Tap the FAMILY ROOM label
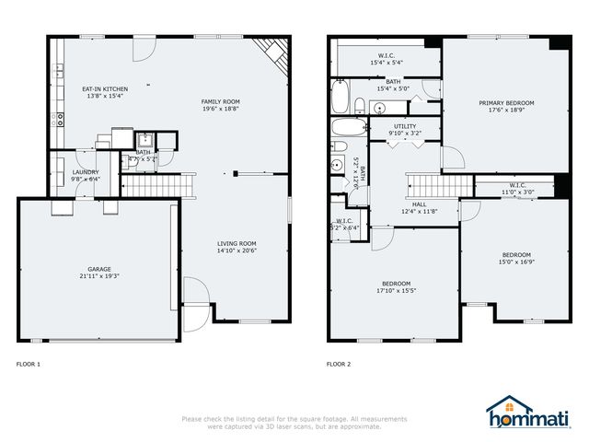(x=221, y=101)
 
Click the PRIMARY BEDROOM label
(x=506, y=102)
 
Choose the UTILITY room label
(x=405, y=125)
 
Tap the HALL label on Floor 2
(x=419, y=204)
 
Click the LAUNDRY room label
(x=87, y=172)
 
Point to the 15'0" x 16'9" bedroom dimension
(x=515, y=262)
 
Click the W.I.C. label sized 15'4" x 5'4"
(x=387, y=63)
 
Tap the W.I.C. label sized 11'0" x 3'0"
(x=516, y=192)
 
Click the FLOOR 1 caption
(x=29, y=364)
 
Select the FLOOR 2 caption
(x=339, y=364)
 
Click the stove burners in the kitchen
(x=60, y=117)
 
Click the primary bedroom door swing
(x=451, y=158)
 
